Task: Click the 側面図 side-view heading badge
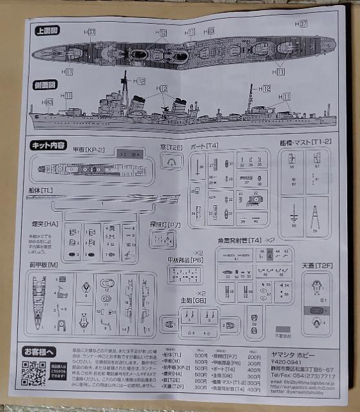pyautogui.click(x=48, y=84)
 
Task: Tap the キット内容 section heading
pyautogui.click(x=48, y=145)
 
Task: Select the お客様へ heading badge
pyautogui.click(x=40, y=351)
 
